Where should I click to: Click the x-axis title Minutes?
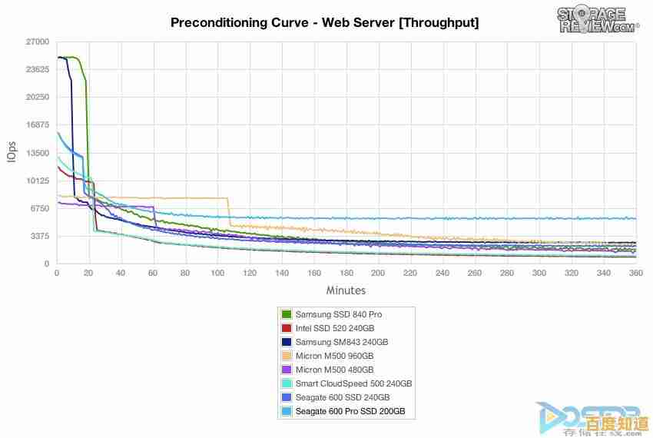click(346, 290)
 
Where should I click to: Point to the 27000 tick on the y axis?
click(38, 41)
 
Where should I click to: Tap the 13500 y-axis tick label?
click(38, 153)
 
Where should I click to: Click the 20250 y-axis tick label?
click(38, 97)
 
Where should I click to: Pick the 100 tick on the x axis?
click(217, 273)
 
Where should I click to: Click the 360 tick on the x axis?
click(635, 273)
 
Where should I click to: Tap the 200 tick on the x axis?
click(378, 273)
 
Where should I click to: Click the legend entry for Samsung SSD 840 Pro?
click(339, 314)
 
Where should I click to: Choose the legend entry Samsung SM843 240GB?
click(342, 342)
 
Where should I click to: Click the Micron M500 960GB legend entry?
click(334, 356)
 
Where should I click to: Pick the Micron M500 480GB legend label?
click(334, 370)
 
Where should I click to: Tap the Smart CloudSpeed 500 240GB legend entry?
click(353, 383)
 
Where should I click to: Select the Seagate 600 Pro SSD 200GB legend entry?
click(350, 411)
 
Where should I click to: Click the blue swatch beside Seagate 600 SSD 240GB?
click(287, 397)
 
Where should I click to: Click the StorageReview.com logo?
click(597, 21)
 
